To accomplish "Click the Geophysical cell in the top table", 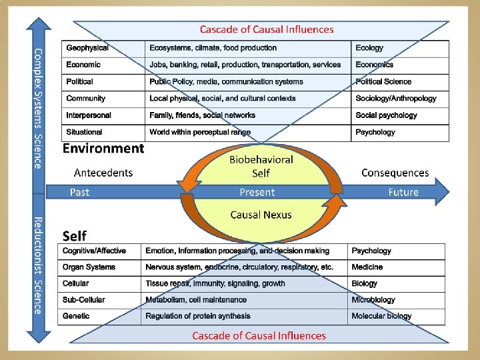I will [87, 48].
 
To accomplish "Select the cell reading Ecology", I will [369, 48].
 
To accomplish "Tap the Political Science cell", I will [383, 82].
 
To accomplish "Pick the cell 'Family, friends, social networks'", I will [202, 115].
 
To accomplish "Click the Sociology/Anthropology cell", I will [396, 99].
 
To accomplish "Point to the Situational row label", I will [84, 132].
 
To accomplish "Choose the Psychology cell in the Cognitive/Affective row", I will [371, 251].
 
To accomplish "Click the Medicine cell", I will [367, 267].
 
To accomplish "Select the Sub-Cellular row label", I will [83, 300].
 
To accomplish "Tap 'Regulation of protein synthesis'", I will [198, 316].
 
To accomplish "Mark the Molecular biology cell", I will [381, 316].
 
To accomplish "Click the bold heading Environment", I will [103, 149].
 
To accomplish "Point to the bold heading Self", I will [74, 236].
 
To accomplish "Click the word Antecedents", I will [103, 173].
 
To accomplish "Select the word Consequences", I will [395, 173].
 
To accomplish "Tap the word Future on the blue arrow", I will [403, 192].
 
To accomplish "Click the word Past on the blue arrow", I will [80, 192].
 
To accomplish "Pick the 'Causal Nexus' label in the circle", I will [261, 215].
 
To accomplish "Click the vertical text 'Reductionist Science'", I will [38, 265].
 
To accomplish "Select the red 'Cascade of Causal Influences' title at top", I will [267, 29].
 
